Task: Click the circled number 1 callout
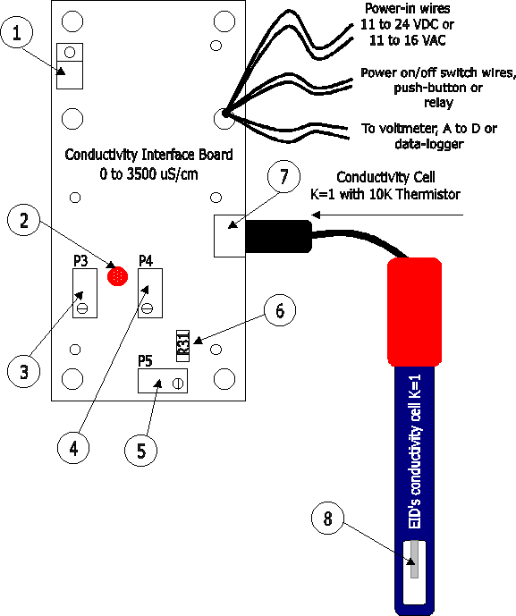coord(16,32)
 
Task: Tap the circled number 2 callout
coord(24,220)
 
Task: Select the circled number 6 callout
coord(280,310)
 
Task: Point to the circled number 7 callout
coord(283,176)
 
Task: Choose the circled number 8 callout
coord(327,518)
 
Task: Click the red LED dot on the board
coord(117,276)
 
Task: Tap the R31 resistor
coord(182,346)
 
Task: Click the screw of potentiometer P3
coord(82,308)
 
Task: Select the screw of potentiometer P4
coord(148,308)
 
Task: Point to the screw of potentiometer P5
coord(178,384)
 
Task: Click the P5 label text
coord(145,360)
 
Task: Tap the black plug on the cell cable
coord(279,236)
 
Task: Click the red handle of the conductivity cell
coord(415,312)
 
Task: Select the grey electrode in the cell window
coord(414,560)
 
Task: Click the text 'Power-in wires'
coord(407,8)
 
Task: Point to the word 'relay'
coord(438,103)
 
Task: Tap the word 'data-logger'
coord(429,144)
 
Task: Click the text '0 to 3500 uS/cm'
coord(148,173)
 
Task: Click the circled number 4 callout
coord(73,448)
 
